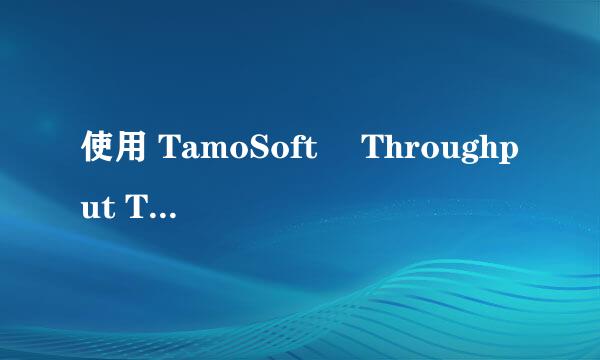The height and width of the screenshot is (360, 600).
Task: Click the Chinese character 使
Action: click(x=96, y=152)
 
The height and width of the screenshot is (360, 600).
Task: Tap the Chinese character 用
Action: click(x=130, y=152)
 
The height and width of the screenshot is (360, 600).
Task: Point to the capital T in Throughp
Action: click(x=371, y=152)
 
